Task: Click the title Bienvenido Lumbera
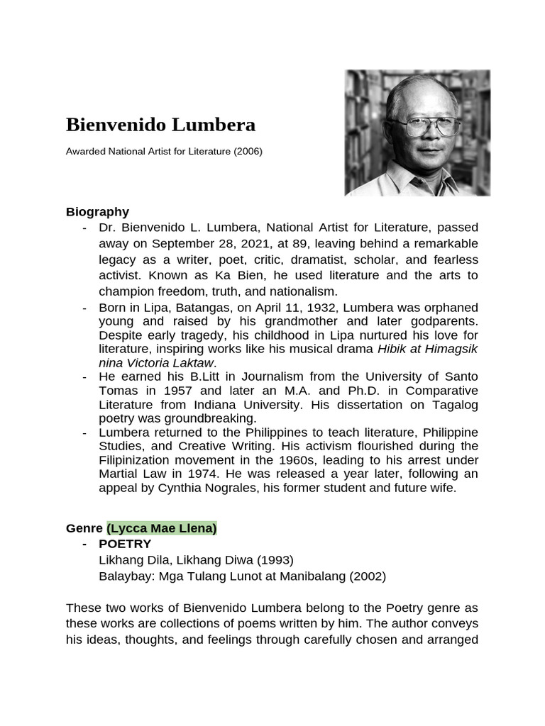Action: coord(160,125)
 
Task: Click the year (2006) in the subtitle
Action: coord(248,151)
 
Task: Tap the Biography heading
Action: coord(97,211)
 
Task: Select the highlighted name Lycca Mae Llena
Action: coord(162,528)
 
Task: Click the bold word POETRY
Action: coord(125,544)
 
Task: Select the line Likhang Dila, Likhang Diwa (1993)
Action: coord(196,559)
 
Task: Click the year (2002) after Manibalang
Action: coord(367,576)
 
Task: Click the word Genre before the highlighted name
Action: coord(84,528)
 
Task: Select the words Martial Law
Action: coord(126,474)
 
